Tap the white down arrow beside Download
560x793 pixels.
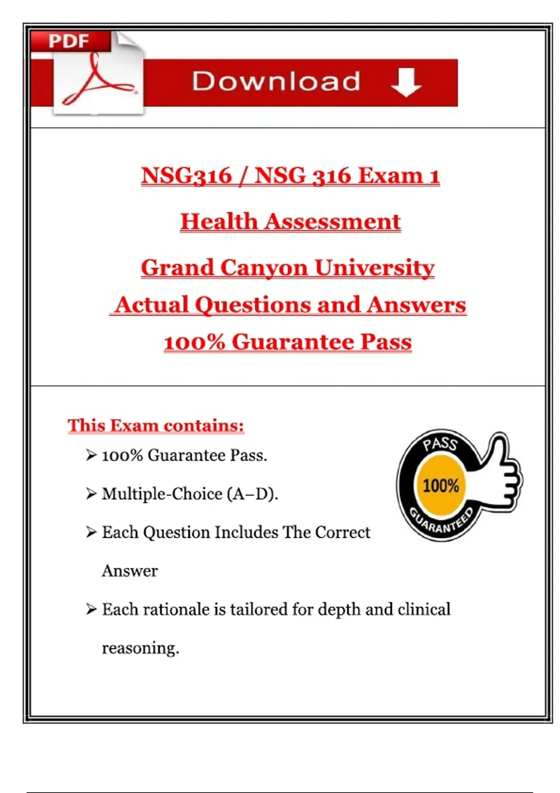tap(406, 82)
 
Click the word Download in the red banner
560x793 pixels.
tap(276, 82)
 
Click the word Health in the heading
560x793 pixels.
tap(219, 222)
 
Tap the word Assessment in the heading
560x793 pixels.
tap(333, 222)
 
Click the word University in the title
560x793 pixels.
tap(375, 268)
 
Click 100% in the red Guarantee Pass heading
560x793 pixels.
tap(194, 342)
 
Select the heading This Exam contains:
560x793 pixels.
tap(156, 425)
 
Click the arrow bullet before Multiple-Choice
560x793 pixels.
tap(91, 493)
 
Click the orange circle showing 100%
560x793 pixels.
tap(441, 486)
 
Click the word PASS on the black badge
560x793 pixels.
tap(440, 443)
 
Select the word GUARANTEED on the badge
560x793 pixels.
tap(441, 522)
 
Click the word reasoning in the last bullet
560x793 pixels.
tap(140, 648)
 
